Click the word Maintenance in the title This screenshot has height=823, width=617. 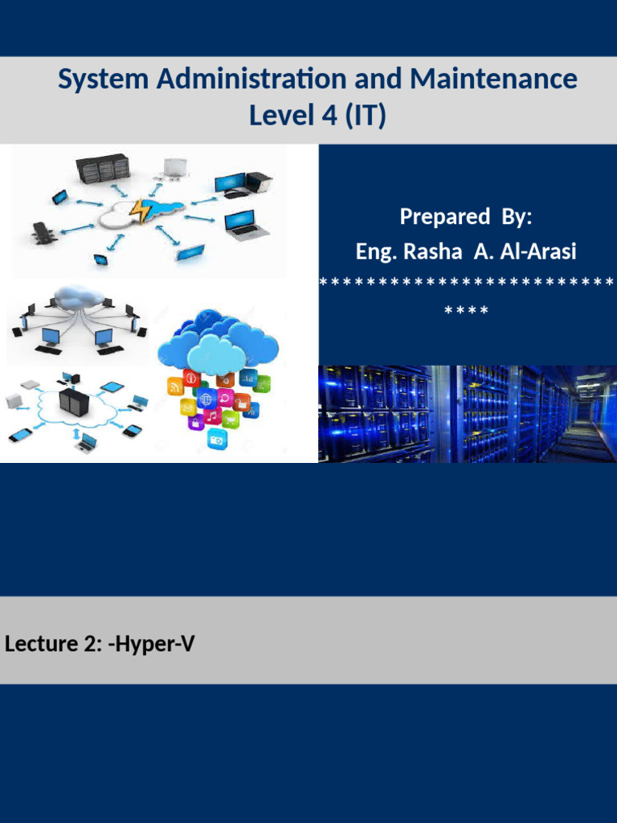tap(493, 80)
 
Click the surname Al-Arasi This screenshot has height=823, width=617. tap(535, 252)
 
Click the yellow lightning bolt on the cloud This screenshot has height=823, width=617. tap(140, 211)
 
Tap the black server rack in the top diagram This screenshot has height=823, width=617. tap(103, 169)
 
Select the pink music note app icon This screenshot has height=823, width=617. tap(213, 416)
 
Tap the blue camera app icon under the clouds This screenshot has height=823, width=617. tap(216, 439)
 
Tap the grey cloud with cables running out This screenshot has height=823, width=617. tap(77, 297)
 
